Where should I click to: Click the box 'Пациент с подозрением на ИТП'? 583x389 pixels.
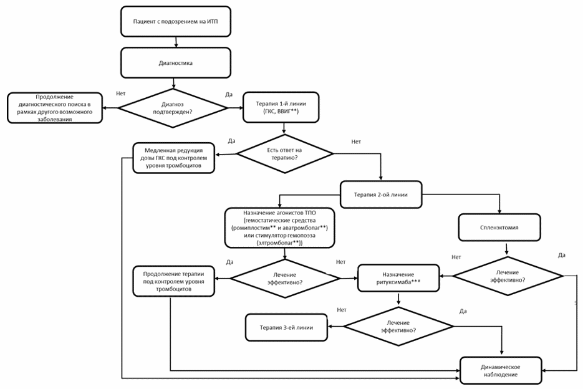(x=175, y=22)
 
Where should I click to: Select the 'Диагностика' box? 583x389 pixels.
(x=175, y=63)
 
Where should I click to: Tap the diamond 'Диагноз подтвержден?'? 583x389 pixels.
(x=173, y=108)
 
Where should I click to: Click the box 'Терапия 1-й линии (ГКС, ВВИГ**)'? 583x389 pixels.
(x=281, y=107)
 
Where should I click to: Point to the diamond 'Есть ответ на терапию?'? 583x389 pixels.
(x=285, y=153)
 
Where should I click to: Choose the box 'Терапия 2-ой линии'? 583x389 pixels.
(x=381, y=194)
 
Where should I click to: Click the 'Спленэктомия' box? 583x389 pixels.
(x=499, y=227)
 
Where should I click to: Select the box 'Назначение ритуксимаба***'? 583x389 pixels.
(x=398, y=278)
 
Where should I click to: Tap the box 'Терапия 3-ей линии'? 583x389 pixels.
(x=286, y=327)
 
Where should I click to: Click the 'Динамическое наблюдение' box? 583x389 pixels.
(x=501, y=370)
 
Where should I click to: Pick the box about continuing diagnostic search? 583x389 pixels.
(x=55, y=108)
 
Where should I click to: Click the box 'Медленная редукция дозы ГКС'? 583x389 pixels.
(x=173, y=158)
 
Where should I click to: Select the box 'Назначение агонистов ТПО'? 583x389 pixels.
(x=279, y=228)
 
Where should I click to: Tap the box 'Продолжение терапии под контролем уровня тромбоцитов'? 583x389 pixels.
(x=173, y=281)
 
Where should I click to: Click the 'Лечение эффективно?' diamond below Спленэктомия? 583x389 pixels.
(x=508, y=276)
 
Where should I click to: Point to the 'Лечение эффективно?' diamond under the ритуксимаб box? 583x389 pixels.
(x=398, y=327)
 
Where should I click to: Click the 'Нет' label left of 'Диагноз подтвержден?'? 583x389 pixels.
(x=121, y=94)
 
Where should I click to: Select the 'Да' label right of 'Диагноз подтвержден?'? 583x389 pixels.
(x=229, y=95)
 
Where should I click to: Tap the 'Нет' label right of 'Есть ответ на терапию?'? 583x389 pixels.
(x=356, y=142)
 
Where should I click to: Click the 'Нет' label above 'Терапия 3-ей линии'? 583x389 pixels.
(x=342, y=310)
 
